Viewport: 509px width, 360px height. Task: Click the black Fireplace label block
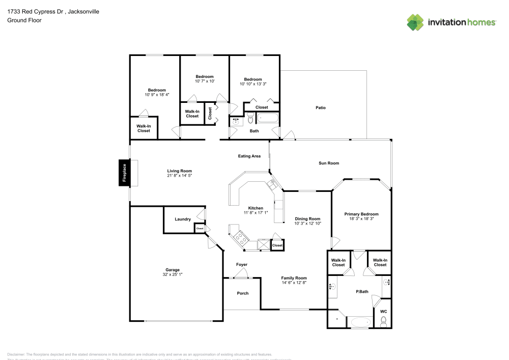123,173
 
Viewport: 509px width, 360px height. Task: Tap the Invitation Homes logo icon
415,22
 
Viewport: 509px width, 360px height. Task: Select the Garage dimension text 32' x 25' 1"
172,274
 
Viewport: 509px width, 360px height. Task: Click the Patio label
320,107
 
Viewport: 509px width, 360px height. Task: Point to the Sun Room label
329,163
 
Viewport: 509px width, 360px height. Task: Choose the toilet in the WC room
384,321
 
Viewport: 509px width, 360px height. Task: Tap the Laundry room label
182,219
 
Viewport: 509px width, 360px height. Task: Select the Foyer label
242,265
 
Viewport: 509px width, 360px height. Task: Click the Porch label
243,293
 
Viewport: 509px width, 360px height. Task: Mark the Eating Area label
249,156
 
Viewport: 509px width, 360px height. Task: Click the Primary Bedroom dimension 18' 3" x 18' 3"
361,219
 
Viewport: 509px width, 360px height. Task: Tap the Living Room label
180,171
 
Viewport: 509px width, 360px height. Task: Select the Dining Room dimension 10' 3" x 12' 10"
307,223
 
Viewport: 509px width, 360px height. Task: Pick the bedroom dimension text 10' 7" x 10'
205,81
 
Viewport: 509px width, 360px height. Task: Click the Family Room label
294,278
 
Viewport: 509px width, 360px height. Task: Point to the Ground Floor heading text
24,20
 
